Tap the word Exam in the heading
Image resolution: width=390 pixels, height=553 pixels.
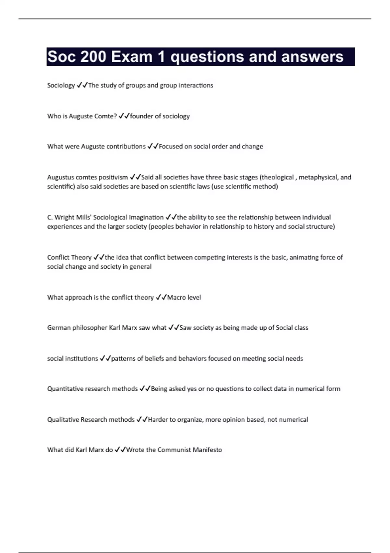(132, 57)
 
